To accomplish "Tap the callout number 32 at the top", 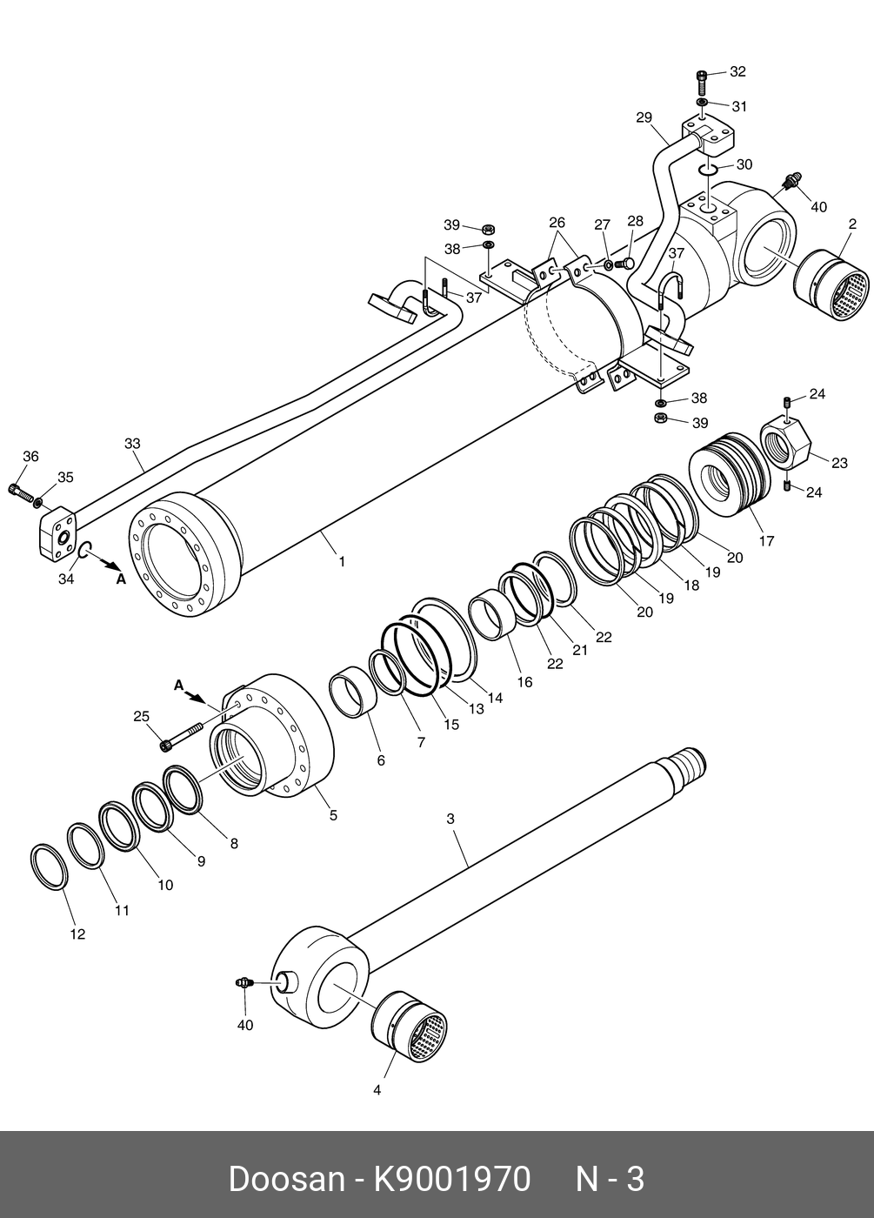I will [x=737, y=71].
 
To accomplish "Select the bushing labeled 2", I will [x=832, y=284].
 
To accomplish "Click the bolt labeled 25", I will [x=182, y=734].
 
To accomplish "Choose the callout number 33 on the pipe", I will [x=132, y=444].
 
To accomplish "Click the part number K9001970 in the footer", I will [x=451, y=1179].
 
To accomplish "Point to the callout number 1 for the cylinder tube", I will [x=342, y=562].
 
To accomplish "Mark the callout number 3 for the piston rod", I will [x=450, y=819].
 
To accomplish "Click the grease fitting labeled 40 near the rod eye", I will [x=244, y=983].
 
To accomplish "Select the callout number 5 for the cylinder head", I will [x=333, y=815].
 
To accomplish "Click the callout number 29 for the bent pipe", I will [x=644, y=117].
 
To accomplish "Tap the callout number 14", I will [x=495, y=697].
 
